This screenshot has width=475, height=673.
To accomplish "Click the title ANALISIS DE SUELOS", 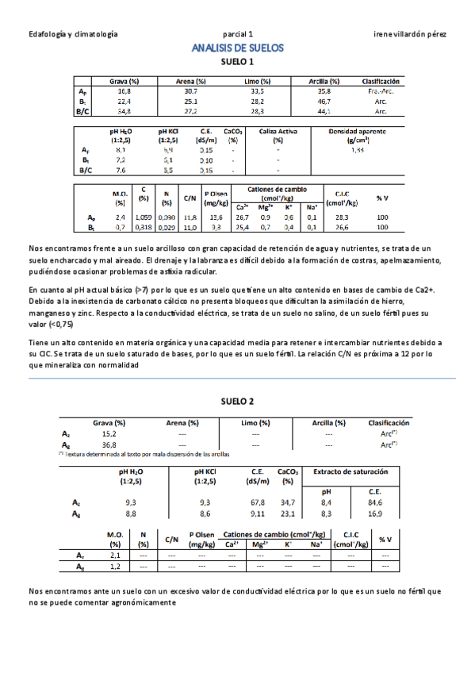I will pos(237,48).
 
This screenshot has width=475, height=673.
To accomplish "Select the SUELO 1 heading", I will pos(237,62).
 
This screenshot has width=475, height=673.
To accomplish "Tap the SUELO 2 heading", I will pos(237,400).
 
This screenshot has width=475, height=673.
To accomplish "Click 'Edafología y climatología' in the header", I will pos(73,35).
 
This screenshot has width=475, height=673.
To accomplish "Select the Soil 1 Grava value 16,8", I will pos(124,91).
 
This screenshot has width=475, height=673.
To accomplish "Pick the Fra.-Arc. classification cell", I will pos(380,91).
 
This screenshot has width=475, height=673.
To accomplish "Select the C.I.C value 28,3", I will pos(343,217).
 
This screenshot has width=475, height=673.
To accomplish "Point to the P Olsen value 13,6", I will pos(216,217).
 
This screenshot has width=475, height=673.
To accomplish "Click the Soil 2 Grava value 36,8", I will pos(109,445).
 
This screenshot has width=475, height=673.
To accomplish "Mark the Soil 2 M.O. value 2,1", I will pos(114,556).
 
